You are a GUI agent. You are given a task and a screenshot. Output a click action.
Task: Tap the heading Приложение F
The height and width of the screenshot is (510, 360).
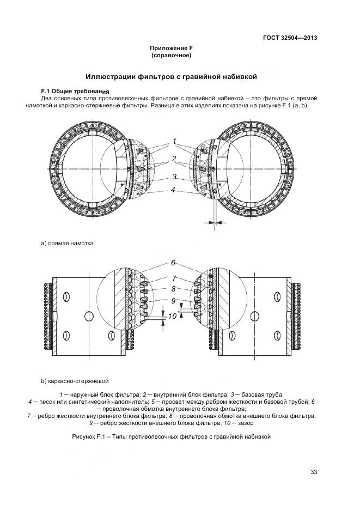pyautogui.click(x=171, y=48)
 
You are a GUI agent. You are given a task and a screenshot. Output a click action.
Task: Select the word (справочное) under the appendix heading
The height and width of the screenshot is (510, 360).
pyautogui.click(x=171, y=56)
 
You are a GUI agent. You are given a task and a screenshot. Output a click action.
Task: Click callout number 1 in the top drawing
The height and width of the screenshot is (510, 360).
pyautogui.click(x=174, y=142)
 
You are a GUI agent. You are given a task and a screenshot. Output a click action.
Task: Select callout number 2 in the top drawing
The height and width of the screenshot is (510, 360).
pyautogui.click(x=174, y=159)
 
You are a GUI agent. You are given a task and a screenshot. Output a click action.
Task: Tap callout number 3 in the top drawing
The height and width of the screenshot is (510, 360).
pyautogui.click(x=174, y=177)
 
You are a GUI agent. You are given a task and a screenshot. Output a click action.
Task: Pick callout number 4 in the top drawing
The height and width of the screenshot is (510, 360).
pyautogui.click(x=173, y=190)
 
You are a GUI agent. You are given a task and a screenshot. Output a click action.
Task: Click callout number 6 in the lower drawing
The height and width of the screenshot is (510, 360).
pyautogui.click(x=173, y=263)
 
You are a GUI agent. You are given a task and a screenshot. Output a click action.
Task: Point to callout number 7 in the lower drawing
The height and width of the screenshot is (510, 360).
pyautogui.click(x=174, y=278)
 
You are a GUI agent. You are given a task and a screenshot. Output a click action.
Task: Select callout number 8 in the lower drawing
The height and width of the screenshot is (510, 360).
pyautogui.click(x=173, y=289)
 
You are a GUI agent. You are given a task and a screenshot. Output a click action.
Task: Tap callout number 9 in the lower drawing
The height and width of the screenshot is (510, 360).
pyautogui.click(x=173, y=300)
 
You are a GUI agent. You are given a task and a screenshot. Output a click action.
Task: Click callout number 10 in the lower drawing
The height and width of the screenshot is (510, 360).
pyautogui.click(x=172, y=316)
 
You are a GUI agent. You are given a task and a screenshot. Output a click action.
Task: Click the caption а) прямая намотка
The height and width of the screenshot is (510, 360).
pyautogui.click(x=68, y=243)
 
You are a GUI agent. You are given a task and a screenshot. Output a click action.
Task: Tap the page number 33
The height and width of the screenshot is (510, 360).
pyautogui.click(x=313, y=472)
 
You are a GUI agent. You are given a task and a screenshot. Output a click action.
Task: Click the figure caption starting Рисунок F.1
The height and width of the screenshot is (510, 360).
pyautogui.click(x=171, y=436)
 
